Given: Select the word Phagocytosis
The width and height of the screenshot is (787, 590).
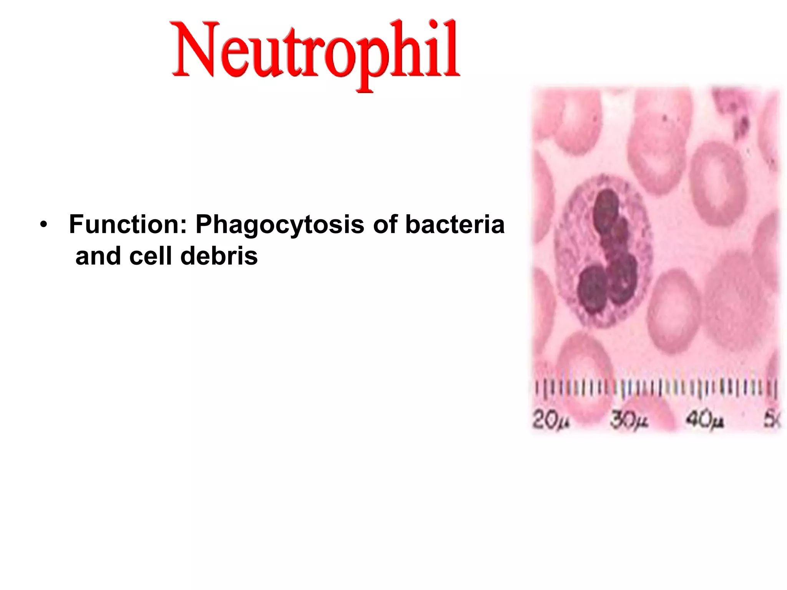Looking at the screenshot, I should pos(280,225).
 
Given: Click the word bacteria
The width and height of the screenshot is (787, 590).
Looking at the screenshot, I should pos(455,225).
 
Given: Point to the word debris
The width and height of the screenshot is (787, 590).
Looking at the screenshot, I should pos(219,256).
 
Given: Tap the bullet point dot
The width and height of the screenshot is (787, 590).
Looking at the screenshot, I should pos(45,225).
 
